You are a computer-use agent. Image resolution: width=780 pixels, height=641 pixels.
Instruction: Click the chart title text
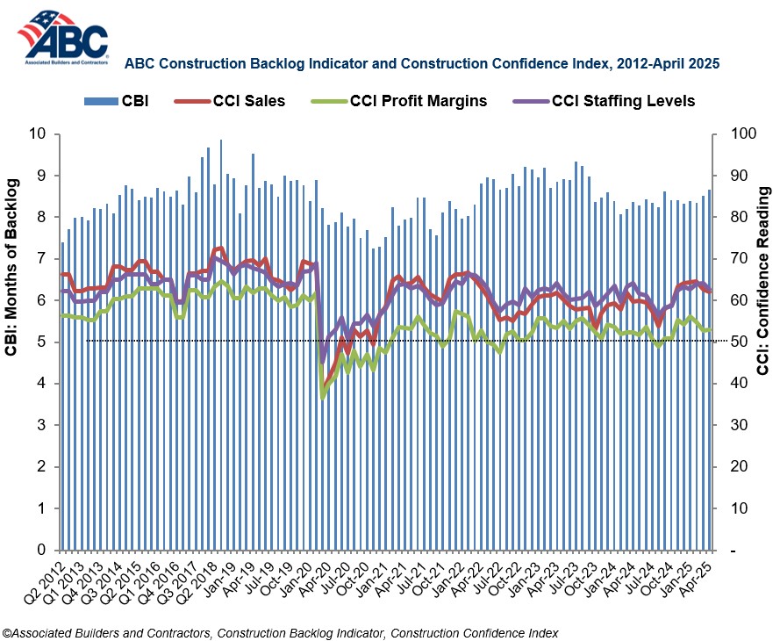tap(422, 64)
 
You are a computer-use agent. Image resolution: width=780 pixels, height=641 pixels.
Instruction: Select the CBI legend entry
tap(117, 101)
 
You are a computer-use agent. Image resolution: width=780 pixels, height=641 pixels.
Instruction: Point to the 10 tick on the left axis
tap(38, 133)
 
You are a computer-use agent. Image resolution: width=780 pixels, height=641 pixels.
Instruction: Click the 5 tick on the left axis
tap(42, 342)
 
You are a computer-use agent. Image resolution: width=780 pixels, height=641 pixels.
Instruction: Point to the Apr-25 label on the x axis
tap(698, 580)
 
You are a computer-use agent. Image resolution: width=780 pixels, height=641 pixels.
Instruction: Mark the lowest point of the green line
tap(322, 397)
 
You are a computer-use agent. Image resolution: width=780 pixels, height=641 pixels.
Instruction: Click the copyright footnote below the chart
tap(281, 632)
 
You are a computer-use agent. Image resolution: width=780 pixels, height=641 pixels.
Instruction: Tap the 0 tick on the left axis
tap(42, 550)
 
